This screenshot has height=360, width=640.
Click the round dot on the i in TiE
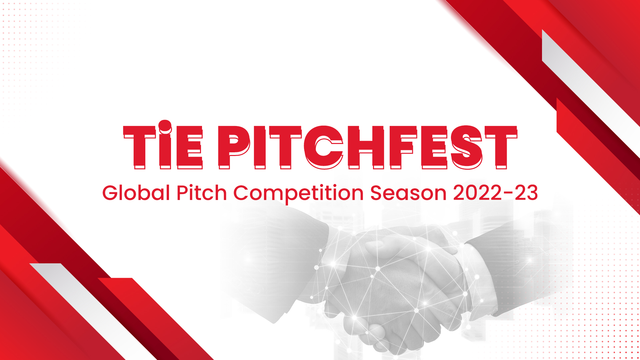165,126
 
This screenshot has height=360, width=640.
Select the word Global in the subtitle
136,193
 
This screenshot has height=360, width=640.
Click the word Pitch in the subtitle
202,193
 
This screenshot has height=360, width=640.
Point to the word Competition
298,194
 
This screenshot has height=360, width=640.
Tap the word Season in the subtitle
408,193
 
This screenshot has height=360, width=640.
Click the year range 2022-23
496,193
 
